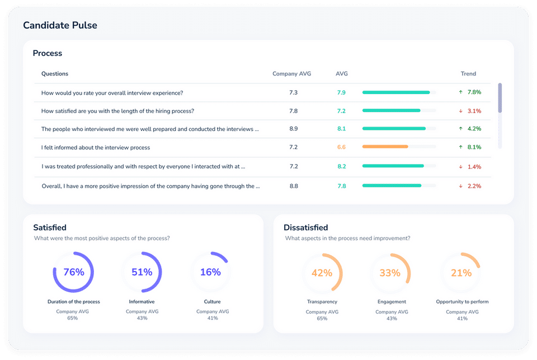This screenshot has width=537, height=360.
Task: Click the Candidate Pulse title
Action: click(x=60, y=25)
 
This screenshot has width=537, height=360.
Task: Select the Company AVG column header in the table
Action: click(x=292, y=74)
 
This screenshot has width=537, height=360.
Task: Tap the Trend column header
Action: click(x=468, y=74)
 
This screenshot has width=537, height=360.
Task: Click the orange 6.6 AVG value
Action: click(x=341, y=147)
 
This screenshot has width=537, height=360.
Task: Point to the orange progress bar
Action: click(x=385, y=147)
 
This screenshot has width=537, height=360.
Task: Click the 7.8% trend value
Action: click(x=474, y=92)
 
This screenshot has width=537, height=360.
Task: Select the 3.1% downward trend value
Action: click(x=474, y=111)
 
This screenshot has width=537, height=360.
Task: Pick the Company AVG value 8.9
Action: click(x=294, y=129)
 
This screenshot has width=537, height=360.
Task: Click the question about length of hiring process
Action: click(x=117, y=111)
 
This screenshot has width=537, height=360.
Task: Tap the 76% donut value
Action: click(x=74, y=272)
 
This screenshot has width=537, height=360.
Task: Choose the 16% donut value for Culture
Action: click(x=210, y=272)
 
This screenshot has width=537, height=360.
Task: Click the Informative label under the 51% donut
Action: click(x=142, y=302)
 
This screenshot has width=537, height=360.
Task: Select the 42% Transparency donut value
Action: click(x=322, y=273)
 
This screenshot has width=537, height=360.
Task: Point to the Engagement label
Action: click(x=392, y=302)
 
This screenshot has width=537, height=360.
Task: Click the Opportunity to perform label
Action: click(x=463, y=302)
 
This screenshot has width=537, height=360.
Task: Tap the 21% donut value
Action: click(x=461, y=273)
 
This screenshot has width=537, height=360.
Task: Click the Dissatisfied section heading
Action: click(x=306, y=228)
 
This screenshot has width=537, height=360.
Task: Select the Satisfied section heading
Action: click(x=50, y=228)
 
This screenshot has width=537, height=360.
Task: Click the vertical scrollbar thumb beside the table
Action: click(x=500, y=98)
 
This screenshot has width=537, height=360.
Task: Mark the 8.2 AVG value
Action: click(x=341, y=167)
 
